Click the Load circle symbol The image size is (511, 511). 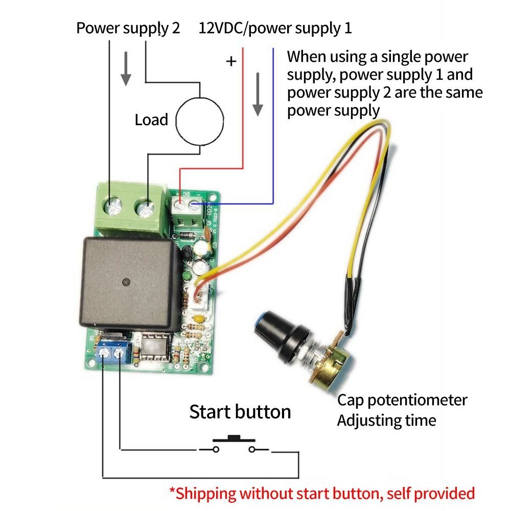200,121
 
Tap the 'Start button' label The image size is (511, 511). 240,412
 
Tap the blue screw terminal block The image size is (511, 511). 113,353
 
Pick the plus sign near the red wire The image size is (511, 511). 231,62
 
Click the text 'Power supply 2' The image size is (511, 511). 128,28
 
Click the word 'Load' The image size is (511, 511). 151,120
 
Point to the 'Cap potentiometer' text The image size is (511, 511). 402,400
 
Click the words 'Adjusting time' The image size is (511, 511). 386,421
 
